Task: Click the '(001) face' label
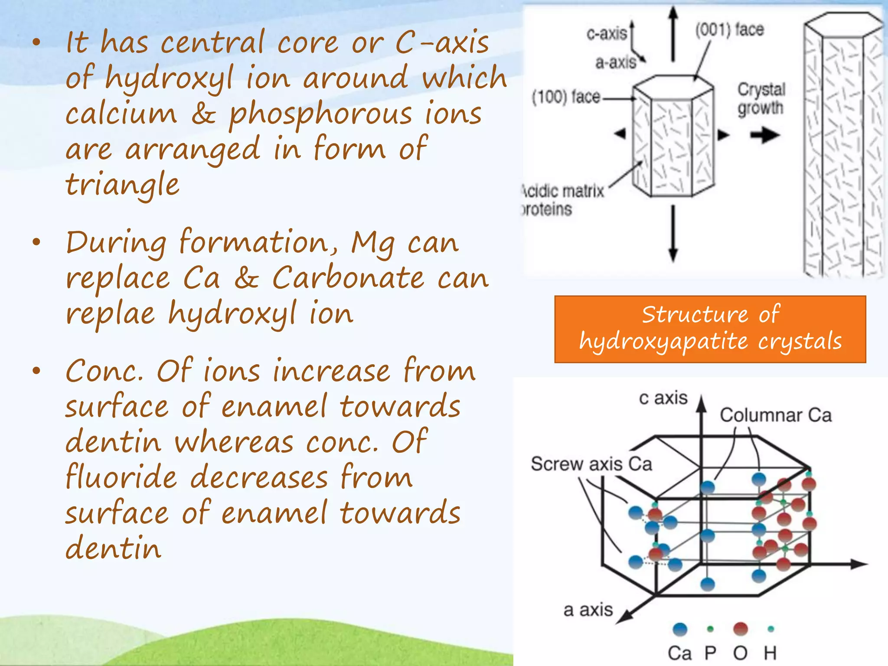tap(729, 30)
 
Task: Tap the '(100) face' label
tap(566, 97)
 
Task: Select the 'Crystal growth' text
tap(761, 99)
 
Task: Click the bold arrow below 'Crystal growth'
tap(765, 135)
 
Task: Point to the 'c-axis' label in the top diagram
tap(606, 33)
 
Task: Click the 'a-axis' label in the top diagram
tap(615, 63)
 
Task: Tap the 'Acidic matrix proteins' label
tap(562, 200)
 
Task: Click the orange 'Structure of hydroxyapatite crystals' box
tap(710, 329)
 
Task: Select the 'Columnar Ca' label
tap(776, 415)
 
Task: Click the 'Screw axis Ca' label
tap(591, 464)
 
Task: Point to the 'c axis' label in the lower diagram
tap(663, 398)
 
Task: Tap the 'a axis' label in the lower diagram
tap(588, 610)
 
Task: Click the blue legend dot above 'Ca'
tap(680, 629)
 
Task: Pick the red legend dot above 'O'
tap(740, 629)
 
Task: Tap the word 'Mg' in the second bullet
tap(372, 243)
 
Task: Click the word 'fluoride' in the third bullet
tap(121, 477)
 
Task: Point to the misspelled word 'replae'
tap(110, 313)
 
